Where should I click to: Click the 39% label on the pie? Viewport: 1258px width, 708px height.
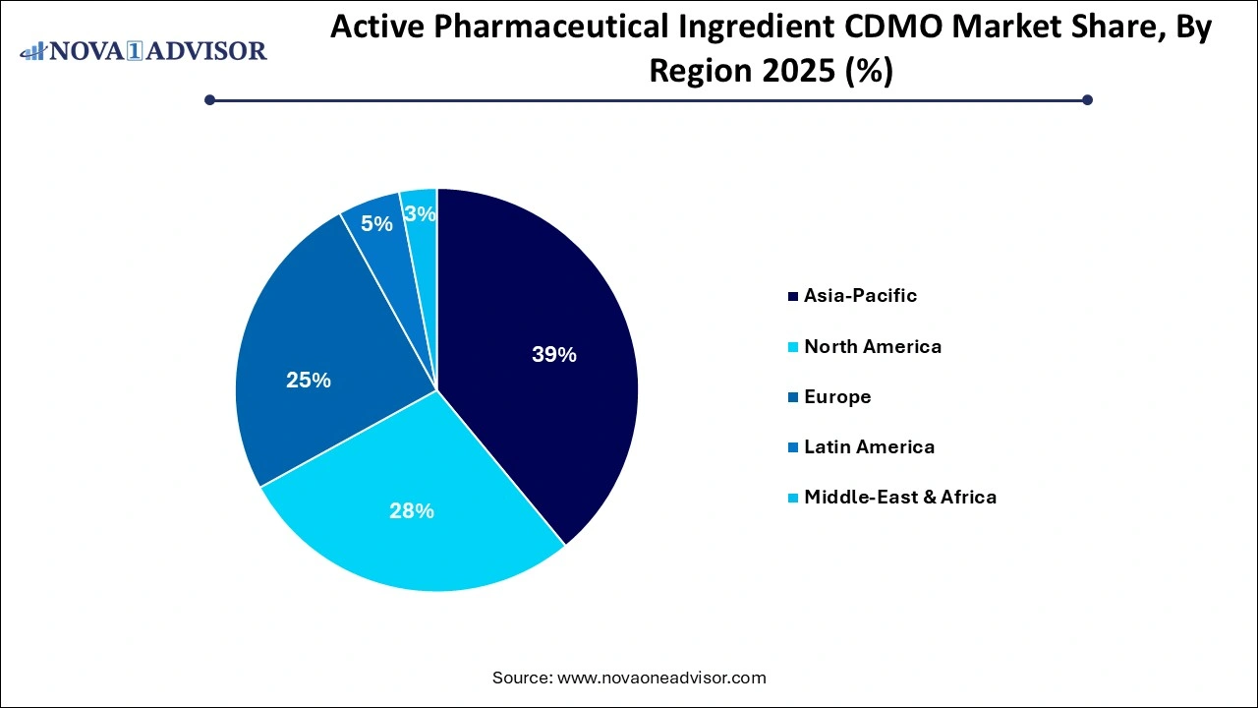point(553,355)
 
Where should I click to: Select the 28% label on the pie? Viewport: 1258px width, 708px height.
point(411,510)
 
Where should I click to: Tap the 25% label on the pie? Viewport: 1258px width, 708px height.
point(308,380)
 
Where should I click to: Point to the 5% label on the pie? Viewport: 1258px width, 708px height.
point(376,223)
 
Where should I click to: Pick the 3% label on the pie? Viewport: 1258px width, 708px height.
point(420,213)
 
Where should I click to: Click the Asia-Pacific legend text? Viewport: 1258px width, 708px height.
point(860,295)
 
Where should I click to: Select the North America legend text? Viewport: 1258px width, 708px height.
point(872,346)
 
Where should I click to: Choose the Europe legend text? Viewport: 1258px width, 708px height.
point(837,396)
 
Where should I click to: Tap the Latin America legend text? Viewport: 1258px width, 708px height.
point(869,446)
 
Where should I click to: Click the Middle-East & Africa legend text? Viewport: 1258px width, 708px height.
point(899,497)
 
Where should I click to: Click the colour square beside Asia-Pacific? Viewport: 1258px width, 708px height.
point(793,296)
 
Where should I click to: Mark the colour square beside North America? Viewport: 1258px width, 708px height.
point(793,347)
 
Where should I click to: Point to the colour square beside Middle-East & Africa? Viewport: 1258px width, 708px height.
point(793,498)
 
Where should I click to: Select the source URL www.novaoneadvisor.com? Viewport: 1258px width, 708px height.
point(660,678)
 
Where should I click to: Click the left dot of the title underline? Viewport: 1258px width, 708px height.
point(209,99)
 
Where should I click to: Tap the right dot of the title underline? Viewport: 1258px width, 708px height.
point(1087,99)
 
